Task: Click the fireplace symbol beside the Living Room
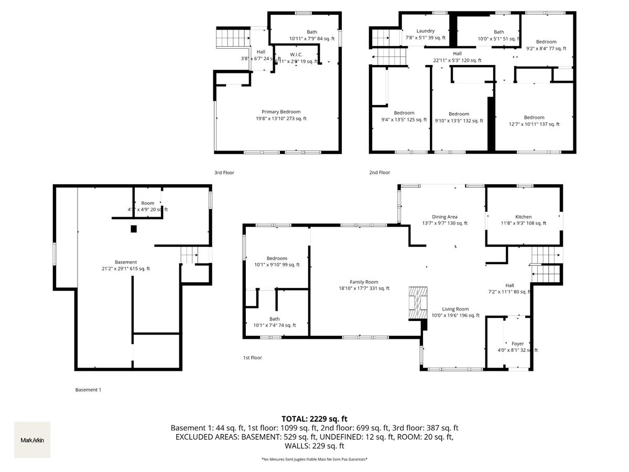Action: click(418, 303)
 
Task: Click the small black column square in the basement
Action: click(134, 229)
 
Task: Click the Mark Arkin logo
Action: click(32, 440)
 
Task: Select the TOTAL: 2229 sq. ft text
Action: click(314, 419)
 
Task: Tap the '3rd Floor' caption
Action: click(224, 173)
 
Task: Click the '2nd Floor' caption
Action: click(379, 173)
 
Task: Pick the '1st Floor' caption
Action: click(252, 358)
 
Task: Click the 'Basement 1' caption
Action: click(88, 390)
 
